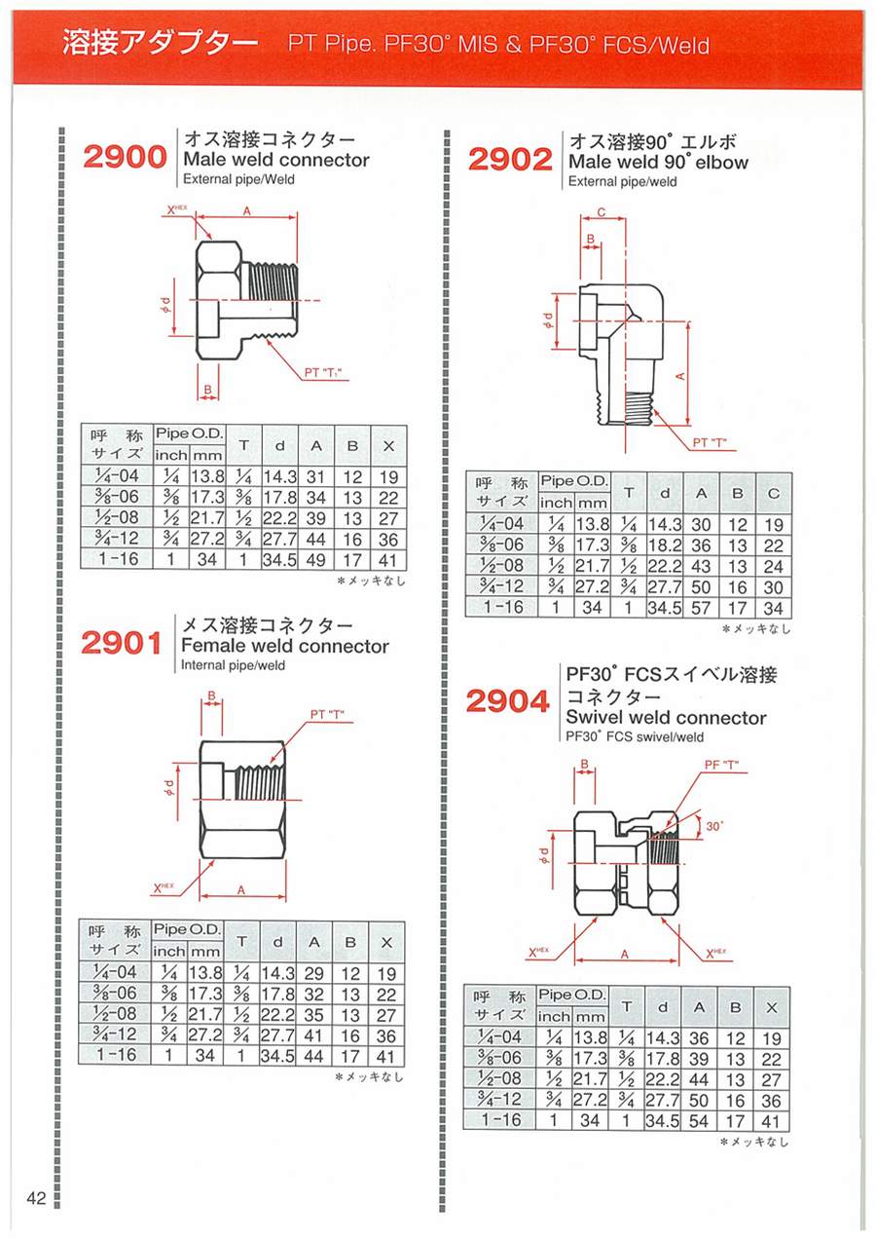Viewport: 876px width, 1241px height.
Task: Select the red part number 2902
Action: [x=510, y=160]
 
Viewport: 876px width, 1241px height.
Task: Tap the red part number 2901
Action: [x=122, y=643]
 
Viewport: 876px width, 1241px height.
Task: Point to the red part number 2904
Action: [x=507, y=701]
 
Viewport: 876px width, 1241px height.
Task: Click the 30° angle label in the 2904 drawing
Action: [x=714, y=826]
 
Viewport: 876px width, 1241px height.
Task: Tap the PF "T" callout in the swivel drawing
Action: [x=721, y=765]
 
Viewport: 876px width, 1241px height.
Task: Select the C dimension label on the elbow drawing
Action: [x=602, y=212]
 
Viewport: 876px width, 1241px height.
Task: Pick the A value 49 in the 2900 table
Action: [x=315, y=560]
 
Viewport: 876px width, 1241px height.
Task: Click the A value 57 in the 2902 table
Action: [x=701, y=608]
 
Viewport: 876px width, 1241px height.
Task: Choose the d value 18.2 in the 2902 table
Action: [x=665, y=545]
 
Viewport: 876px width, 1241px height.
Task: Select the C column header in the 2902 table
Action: [x=774, y=493]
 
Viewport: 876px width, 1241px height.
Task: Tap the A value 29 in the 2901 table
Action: [x=313, y=974]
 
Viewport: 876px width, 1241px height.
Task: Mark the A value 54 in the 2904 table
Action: [x=698, y=1121]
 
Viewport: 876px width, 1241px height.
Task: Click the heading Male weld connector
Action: [x=276, y=160]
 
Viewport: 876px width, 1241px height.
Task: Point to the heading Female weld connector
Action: [x=285, y=646]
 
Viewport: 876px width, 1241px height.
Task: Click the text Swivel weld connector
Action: [x=666, y=718]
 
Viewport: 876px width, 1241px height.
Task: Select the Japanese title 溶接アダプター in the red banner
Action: [x=160, y=43]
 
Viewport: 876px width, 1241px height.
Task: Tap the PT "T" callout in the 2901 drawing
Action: [x=327, y=715]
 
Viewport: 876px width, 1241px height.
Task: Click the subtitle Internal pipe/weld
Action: [x=234, y=664]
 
